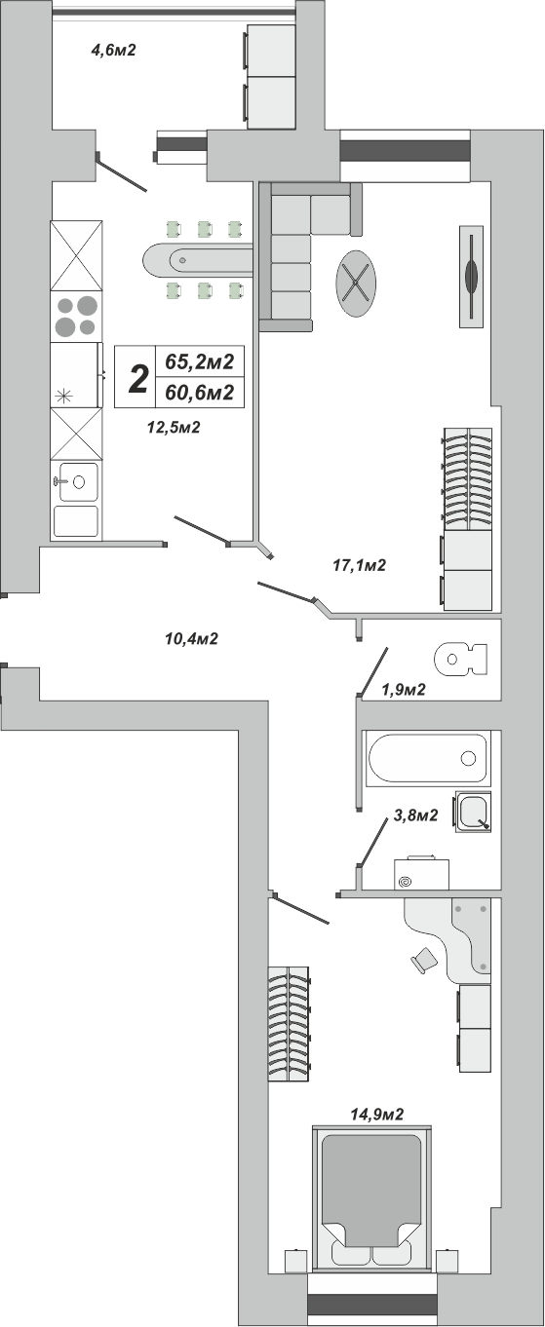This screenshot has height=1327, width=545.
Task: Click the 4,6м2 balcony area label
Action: (x=113, y=50)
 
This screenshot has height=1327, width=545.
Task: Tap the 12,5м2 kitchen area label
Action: (x=174, y=427)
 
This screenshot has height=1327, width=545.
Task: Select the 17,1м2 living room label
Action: (x=360, y=565)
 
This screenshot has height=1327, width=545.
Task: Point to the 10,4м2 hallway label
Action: (x=191, y=638)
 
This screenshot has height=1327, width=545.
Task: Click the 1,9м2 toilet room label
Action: (x=404, y=690)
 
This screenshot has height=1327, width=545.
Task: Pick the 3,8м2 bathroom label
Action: (x=415, y=815)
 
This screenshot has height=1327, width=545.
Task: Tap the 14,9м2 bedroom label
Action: (x=377, y=1115)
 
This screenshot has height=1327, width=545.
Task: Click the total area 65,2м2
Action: (x=200, y=360)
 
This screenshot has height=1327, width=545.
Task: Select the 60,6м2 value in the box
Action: (x=200, y=393)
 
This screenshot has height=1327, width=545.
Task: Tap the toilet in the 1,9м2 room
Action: (x=461, y=659)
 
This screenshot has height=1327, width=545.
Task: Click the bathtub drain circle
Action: (x=469, y=758)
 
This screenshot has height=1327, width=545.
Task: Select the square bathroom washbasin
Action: (x=473, y=812)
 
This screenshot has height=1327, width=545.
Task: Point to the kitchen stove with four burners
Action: (x=76, y=317)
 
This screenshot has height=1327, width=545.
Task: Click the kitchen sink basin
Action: (x=76, y=481)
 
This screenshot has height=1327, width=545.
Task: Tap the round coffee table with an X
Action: (x=356, y=284)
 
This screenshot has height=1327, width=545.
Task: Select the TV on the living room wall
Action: (x=472, y=275)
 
